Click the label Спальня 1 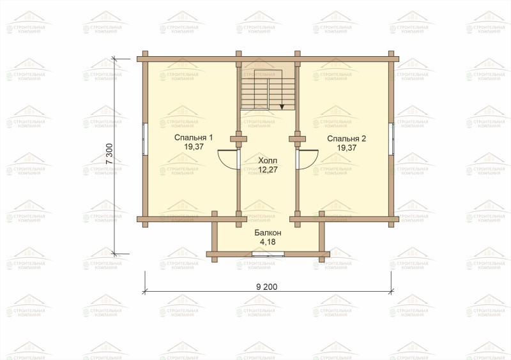click(194, 137)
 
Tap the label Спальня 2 click(346, 139)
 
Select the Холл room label click(268, 161)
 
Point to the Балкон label click(268, 233)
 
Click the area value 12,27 click(268, 169)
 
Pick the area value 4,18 click(268, 242)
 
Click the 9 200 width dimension click(267, 287)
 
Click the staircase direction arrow click(282, 106)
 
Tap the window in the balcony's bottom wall click(268, 254)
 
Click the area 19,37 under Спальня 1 click(194, 147)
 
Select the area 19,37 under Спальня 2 click(346, 147)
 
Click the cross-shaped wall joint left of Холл click(238, 139)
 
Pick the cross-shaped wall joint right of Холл click(297, 139)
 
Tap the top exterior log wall click(268, 59)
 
